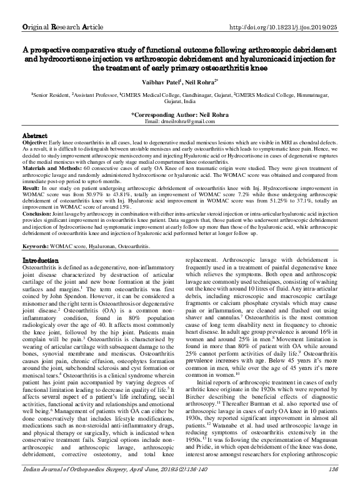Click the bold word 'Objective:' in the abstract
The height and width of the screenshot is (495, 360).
(x=36, y=143)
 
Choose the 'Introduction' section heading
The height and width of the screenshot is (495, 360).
(x=40, y=277)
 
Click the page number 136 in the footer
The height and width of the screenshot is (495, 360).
(x=332, y=484)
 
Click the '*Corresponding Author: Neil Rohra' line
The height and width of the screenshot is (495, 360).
(x=179, y=115)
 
